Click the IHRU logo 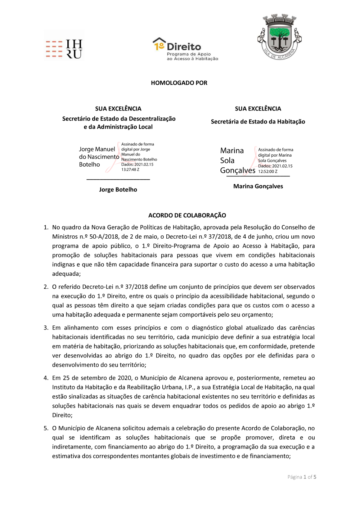click(64, 49)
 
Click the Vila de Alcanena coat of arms click(279, 37)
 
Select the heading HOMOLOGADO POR click(179, 83)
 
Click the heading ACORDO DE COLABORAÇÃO click(187, 215)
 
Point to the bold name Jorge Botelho click(118, 190)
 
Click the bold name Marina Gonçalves click(258, 186)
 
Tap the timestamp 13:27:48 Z click(130, 170)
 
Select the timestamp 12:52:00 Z click(267, 172)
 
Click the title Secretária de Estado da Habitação click(258, 122)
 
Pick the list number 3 click(46, 328)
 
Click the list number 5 click(46, 428)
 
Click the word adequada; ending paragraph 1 click(66, 274)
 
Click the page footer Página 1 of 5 click(302, 477)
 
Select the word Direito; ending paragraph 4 click(62, 415)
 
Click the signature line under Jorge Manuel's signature click(118, 179)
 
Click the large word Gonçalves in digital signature click(238, 170)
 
